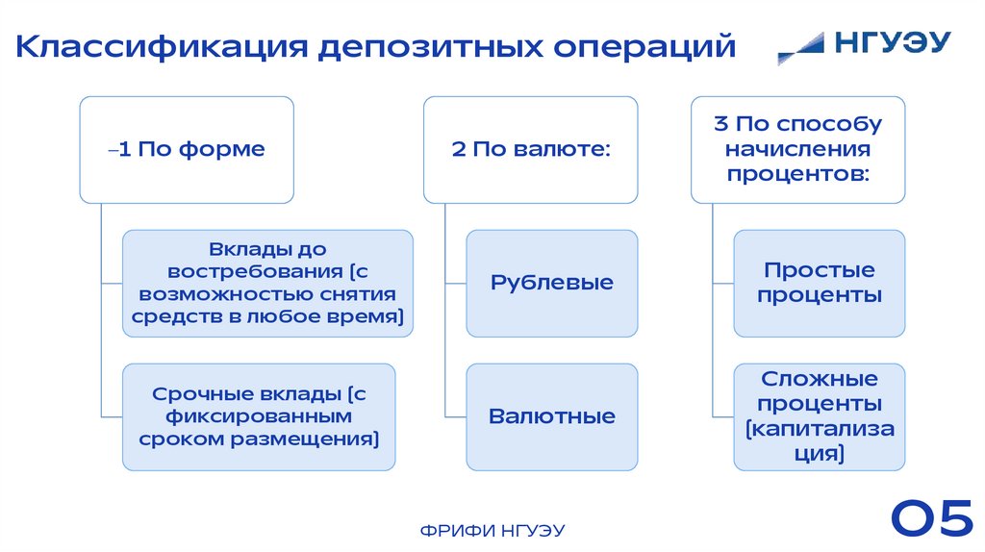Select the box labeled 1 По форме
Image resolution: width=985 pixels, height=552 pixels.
tap(187, 149)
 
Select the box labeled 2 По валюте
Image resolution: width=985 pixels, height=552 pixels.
tap(531, 149)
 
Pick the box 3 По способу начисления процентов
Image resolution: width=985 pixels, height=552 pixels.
tap(797, 149)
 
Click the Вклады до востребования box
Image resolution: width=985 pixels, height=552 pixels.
tap(267, 283)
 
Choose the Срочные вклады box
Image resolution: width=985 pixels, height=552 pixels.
tap(258, 416)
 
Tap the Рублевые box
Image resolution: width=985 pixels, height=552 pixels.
tap(551, 283)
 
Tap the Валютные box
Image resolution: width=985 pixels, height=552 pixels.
tap(551, 416)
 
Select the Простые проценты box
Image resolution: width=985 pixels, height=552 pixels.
tap(819, 283)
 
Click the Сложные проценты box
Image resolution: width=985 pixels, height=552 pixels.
tap(819, 416)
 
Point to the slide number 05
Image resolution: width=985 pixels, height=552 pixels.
tap(931, 519)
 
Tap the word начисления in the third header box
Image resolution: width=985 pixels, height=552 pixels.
tap(797, 150)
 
